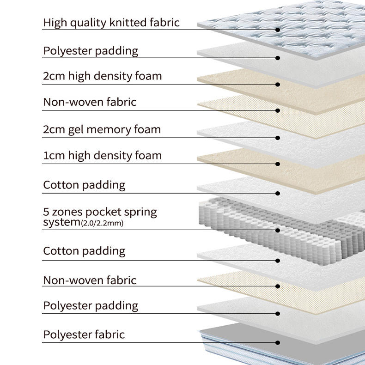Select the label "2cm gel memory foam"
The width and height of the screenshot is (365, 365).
[x=102, y=129]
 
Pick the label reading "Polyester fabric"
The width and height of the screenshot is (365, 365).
[x=84, y=334]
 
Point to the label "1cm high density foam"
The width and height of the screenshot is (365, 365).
[x=102, y=155]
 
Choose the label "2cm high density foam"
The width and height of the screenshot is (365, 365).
[x=102, y=76]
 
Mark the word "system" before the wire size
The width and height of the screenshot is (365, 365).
[x=61, y=223]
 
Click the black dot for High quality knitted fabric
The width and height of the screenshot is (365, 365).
[x=278, y=30]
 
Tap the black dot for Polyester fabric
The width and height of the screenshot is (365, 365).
[x=278, y=342]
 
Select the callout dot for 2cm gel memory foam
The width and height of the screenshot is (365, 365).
[x=278, y=138]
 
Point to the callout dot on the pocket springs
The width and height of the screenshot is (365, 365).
[x=278, y=230]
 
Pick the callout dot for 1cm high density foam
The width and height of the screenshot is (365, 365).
[x=278, y=164]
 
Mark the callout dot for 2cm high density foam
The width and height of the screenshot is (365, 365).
[x=278, y=84]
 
